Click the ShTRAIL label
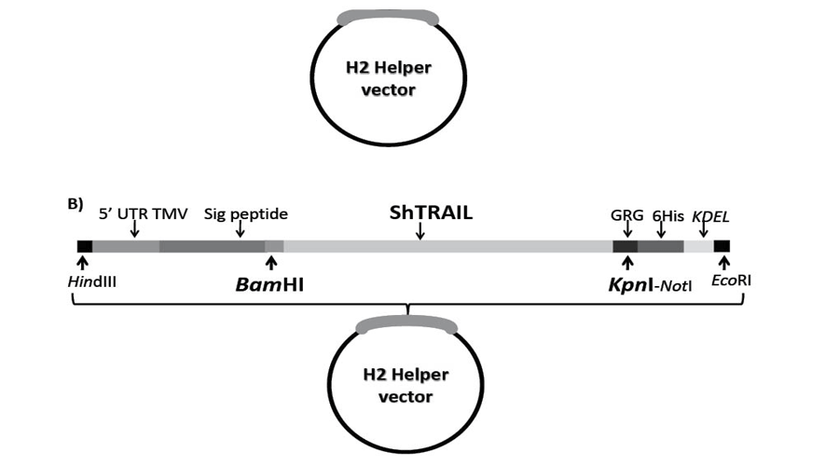[431, 212]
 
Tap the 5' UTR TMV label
[144, 214]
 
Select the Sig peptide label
[246, 214]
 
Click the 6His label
[666, 214]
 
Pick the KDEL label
[710, 214]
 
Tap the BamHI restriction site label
[269, 283]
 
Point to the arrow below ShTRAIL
[420, 230]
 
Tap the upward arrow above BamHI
[271, 263]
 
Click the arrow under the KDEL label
[704, 229]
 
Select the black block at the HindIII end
[85, 246]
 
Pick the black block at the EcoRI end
[722, 246]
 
